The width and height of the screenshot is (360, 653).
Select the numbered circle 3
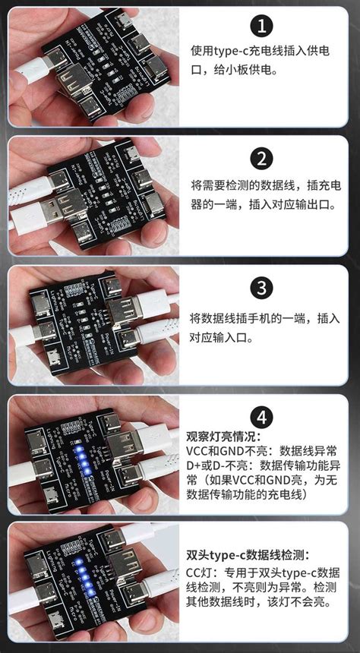coord(262,289)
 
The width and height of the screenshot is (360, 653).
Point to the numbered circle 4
coord(262,416)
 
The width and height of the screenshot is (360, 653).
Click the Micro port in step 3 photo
coord(54,355)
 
